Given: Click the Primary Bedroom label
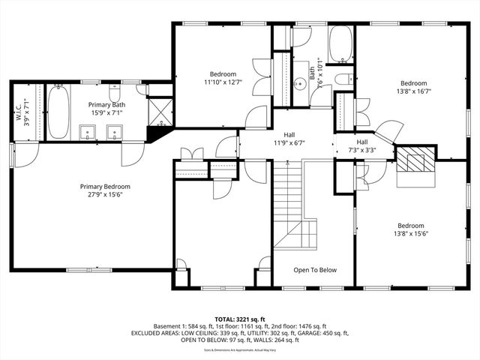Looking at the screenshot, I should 106,187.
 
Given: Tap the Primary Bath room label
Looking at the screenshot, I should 107,105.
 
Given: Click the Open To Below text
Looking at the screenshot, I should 315,270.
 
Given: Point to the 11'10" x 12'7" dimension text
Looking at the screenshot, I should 223,83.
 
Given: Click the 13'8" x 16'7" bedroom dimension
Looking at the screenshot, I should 413,91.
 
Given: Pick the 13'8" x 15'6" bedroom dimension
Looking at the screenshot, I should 411,233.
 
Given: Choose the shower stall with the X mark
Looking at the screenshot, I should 160,111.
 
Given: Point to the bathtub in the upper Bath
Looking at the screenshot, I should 340,44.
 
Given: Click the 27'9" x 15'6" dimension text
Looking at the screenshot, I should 106,195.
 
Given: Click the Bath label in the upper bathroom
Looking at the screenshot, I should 312,72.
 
